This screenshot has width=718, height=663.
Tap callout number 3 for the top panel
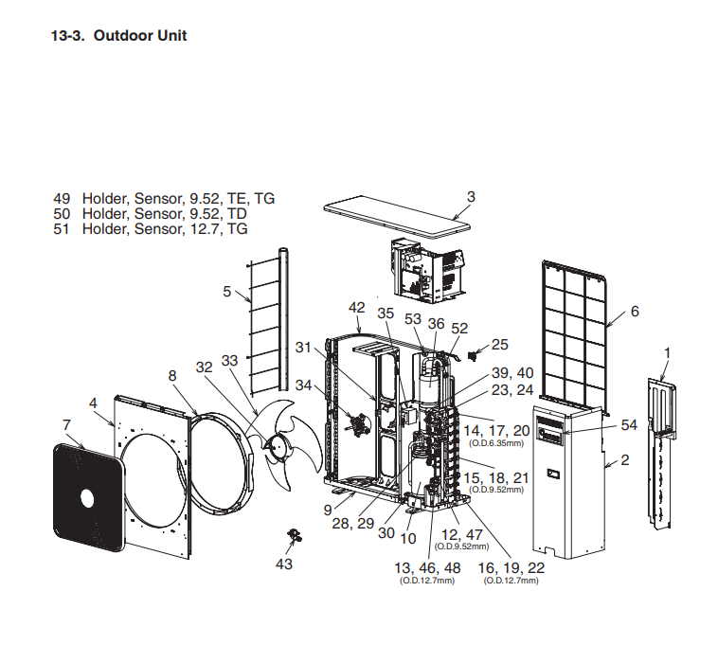(x=471, y=197)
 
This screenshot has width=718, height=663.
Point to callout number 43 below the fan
(x=284, y=564)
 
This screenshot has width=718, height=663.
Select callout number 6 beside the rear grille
(x=634, y=312)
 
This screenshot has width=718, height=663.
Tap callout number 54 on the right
(x=629, y=425)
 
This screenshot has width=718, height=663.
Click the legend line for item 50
(x=151, y=214)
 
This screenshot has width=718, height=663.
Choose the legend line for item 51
(x=151, y=229)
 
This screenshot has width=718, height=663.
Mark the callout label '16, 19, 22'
(x=512, y=566)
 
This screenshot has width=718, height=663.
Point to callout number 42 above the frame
(x=356, y=308)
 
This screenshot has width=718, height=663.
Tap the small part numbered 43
(x=294, y=538)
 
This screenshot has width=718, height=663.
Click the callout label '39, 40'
(x=512, y=372)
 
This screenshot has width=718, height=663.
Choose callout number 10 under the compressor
(x=408, y=538)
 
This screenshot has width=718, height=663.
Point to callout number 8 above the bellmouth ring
(x=172, y=375)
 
